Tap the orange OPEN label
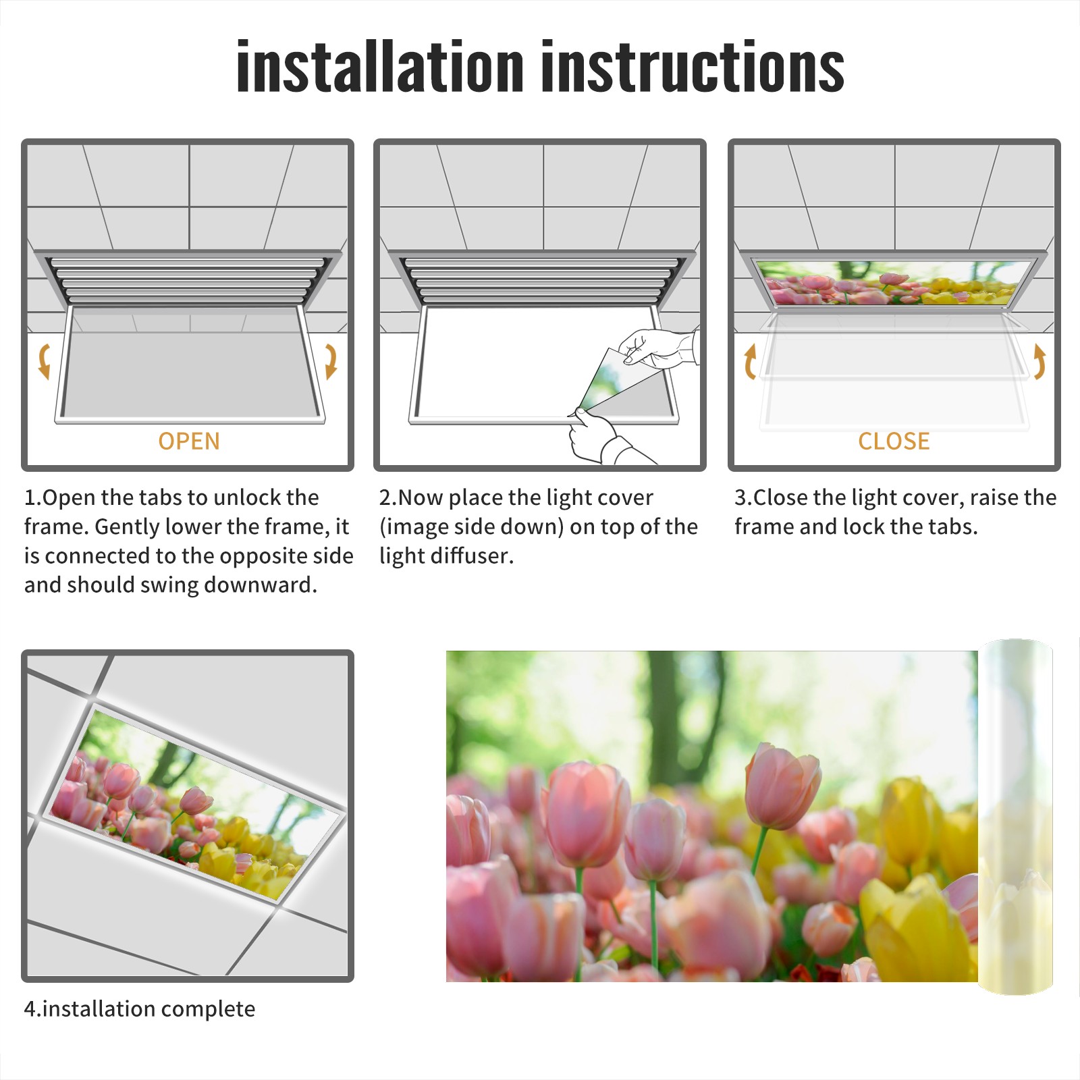coord(189,441)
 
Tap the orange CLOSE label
coord(894,441)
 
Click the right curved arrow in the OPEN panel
coord(331,360)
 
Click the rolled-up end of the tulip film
coord(1015,817)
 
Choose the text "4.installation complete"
coord(140,1008)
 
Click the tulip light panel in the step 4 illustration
coord(196,803)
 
